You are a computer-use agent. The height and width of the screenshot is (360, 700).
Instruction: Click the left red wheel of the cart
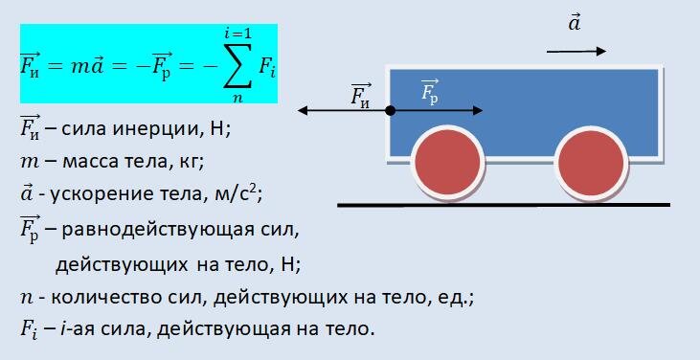click(x=443, y=162)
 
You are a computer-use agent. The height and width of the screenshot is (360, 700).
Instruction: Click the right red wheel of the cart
click(x=589, y=162)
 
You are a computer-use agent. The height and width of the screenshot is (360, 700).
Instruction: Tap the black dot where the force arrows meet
click(x=391, y=111)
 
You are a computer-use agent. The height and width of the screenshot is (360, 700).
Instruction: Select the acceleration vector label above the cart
click(x=575, y=24)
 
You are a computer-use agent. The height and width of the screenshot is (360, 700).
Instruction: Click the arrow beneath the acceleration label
click(x=576, y=51)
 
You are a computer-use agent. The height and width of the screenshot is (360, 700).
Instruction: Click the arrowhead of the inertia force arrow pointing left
click(x=303, y=111)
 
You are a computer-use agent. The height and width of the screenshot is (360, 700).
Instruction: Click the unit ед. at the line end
click(x=456, y=298)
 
